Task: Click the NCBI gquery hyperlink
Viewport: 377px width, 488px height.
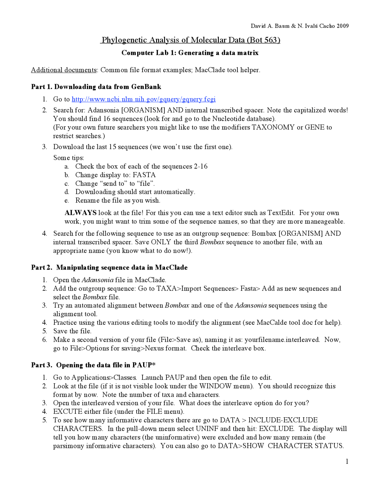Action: click(x=143, y=99)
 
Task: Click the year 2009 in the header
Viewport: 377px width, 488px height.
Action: click(x=343, y=26)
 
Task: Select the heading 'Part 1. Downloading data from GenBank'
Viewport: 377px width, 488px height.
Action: click(x=96, y=87)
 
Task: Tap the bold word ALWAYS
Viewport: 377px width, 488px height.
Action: click(x=80, y=213)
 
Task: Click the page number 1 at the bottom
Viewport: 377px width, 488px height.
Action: click(x=347, y=461)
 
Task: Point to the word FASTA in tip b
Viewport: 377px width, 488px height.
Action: click(x=144, y=175)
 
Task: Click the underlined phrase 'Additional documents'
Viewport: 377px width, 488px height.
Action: click(x=64, y=70)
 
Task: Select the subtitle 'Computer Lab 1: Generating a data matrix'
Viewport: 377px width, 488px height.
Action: click(x=190, y=53)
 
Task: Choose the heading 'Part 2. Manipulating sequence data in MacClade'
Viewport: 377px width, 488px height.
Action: click(x=109, y=268)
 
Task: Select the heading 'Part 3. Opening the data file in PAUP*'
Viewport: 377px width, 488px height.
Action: click(x=93, y=365)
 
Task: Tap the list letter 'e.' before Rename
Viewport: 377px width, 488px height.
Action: click(x=67, y=201)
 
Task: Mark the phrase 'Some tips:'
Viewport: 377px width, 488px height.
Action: click(x=69, y=158)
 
